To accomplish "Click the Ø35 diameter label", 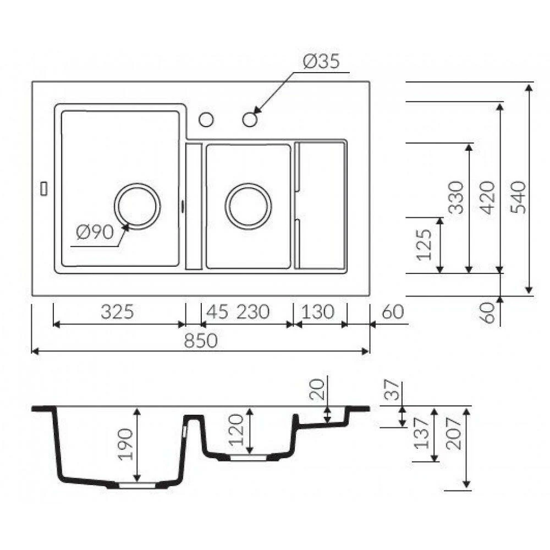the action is point(321,62).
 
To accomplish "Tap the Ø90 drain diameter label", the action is point(95,232).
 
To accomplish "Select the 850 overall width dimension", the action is point(201,340).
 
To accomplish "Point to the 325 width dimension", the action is point(117,311).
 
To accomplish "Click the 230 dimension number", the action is point(253,311).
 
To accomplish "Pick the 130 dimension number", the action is point(318,311).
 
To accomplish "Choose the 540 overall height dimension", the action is point(519,197).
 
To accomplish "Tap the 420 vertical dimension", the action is point(487,197).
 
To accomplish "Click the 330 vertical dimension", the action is point(456,197).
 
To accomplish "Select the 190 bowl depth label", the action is point(125,444).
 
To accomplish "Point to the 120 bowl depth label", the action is point(235,430).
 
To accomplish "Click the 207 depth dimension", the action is point(454,434).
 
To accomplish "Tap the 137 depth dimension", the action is point(422,433).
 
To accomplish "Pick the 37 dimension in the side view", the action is point(392,390).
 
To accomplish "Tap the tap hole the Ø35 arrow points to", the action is point(250,119).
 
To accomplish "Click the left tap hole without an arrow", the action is point(206,119).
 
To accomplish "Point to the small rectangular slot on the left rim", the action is point(44,188).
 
